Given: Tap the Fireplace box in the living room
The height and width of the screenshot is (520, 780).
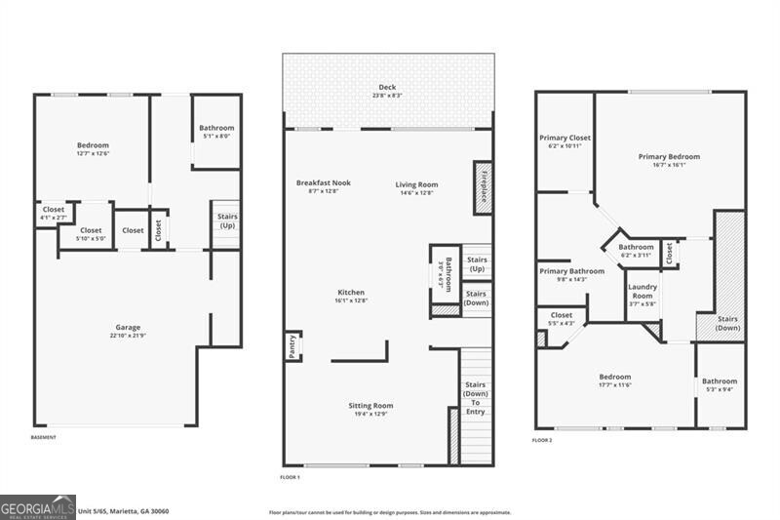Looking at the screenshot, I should tap(482, 185).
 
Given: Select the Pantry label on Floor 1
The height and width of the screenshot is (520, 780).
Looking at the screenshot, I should tap(292, 346).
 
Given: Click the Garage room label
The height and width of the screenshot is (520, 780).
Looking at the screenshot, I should tap(128, 327).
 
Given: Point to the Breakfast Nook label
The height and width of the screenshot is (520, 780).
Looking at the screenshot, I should tap(323, 182).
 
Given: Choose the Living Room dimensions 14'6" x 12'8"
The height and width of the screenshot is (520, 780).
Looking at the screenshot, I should tap(416, 193).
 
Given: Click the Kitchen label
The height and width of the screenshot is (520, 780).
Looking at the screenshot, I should tap(351, 293).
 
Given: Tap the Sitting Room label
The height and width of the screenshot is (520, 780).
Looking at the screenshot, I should tap(370, 405).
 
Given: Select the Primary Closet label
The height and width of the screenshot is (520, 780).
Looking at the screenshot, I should tap(565, 138).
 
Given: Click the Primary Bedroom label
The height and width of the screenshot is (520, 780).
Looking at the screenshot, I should tap(669, 156).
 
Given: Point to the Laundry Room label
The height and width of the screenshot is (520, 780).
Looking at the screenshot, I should tap(642, 290).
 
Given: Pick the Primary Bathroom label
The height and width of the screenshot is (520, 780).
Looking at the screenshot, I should tap(571, 271).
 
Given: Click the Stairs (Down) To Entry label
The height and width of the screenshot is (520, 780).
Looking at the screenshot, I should tap(475, 398).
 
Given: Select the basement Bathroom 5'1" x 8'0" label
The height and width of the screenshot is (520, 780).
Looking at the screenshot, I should tap(216, 128).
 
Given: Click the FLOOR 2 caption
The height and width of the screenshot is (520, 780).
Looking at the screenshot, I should tap(542, 441).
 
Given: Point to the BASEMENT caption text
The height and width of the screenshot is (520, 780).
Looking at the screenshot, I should tap(43, 437).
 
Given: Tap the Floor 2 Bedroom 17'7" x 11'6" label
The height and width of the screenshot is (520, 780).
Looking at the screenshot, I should tap(615, 377).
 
